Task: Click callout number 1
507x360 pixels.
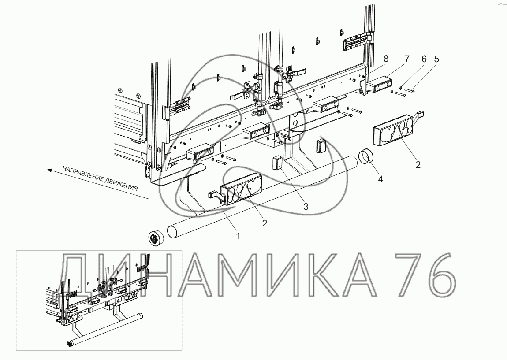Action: pyautogui.click(x=238, y=236)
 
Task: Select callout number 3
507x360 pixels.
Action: pyautogui.click(x=306, y=206)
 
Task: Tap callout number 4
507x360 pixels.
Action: pyautogui.click(x=380, y=179)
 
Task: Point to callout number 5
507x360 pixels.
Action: pyautogui.click(x=436, y=59)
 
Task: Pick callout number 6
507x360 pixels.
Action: pyautogui.click(x=424, y=59)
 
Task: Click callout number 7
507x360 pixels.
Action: pyautogui.click(x=407, y=59)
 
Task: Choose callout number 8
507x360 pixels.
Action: pyautogui.click(x=386, y=59)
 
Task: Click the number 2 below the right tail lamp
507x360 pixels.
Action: pyautogui.click(x=418, y=164)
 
